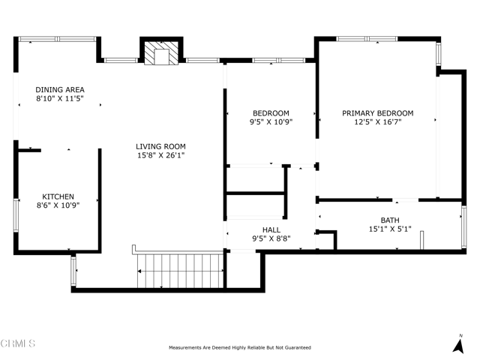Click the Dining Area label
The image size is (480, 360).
60,90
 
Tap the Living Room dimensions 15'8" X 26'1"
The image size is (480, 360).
160,155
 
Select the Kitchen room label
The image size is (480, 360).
58,196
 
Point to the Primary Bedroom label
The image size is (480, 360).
378,113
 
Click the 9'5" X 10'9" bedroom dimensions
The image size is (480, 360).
271,121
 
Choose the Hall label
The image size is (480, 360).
271,229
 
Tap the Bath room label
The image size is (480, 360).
390,220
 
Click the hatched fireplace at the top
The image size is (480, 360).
161,52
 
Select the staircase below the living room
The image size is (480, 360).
180,271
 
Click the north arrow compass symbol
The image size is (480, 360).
458,345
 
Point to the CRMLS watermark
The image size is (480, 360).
18,343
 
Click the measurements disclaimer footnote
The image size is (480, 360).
240,347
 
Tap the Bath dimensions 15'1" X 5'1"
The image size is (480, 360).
390,229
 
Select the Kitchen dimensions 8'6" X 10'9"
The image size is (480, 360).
58,205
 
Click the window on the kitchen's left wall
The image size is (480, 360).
16,215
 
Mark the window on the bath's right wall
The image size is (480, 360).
464,226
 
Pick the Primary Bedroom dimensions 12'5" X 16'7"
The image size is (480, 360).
378,121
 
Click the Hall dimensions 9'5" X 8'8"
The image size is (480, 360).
271,238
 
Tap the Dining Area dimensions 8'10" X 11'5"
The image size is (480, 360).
60,98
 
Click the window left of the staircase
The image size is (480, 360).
73,271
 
